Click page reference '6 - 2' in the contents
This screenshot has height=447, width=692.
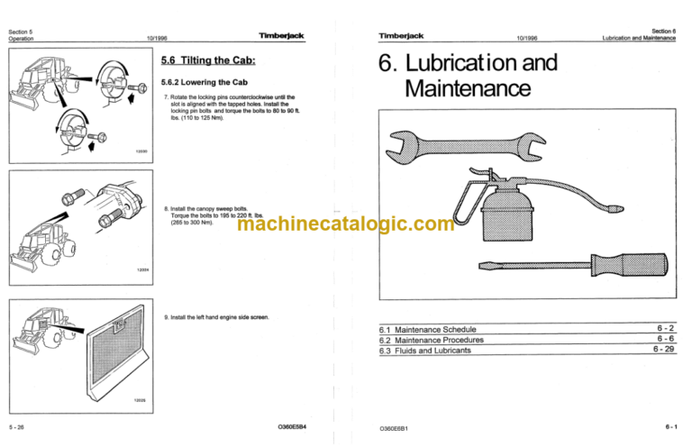(666, 329)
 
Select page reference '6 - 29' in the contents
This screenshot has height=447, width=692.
(664, 351)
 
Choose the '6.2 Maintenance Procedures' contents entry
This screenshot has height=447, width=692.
(432, 340)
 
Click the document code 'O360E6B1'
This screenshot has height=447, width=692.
(398, 425)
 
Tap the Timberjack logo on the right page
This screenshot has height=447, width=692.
(402, 36)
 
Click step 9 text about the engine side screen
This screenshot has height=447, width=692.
(221, 317)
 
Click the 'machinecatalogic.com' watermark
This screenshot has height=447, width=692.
(347, 224)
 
